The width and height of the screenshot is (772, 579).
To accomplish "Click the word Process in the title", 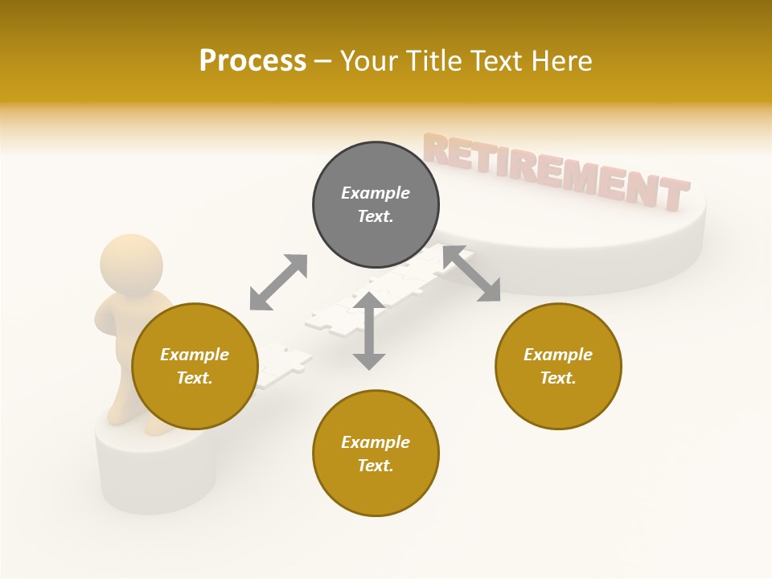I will pos(253,61).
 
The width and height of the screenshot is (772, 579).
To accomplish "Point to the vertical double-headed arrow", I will pos(369,331).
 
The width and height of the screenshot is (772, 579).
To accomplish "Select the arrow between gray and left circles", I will pos(278,282).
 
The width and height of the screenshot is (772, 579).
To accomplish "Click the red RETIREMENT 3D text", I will pos(555,170).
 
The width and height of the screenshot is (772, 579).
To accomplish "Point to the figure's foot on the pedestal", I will pos(158,427).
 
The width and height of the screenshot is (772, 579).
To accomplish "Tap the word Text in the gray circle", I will pos(375,216).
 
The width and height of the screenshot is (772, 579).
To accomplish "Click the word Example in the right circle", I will pos(557,355).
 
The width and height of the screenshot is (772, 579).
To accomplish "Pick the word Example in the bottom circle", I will pos(375,442).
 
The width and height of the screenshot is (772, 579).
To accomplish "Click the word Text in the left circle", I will pos(194,378).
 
